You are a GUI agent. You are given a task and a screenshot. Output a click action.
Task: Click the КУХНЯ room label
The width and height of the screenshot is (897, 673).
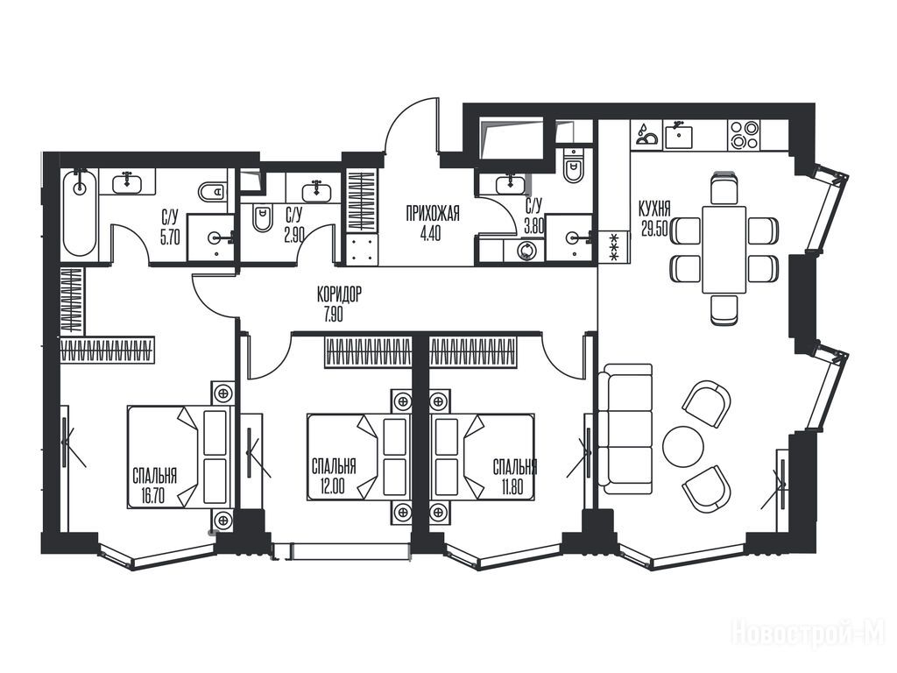[x=654, y=209]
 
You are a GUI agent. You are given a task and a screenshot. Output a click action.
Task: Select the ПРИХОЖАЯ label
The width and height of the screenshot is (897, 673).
[x=433, y=216]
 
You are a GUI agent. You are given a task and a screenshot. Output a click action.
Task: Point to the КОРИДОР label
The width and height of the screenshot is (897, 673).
[x=339, y=294]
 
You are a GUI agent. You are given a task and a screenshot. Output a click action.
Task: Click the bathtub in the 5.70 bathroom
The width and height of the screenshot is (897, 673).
[x=80, y=214]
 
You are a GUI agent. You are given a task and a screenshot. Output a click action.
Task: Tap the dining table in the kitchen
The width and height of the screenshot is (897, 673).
[x=724, y=250]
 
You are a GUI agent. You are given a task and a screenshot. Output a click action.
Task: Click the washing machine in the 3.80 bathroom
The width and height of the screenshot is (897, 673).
[x=525, y=250]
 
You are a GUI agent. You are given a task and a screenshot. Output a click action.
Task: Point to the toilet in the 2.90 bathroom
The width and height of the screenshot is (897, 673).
[x=263, y=218]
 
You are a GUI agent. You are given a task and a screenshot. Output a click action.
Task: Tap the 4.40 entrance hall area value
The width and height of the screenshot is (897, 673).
[x=430, y=235]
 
